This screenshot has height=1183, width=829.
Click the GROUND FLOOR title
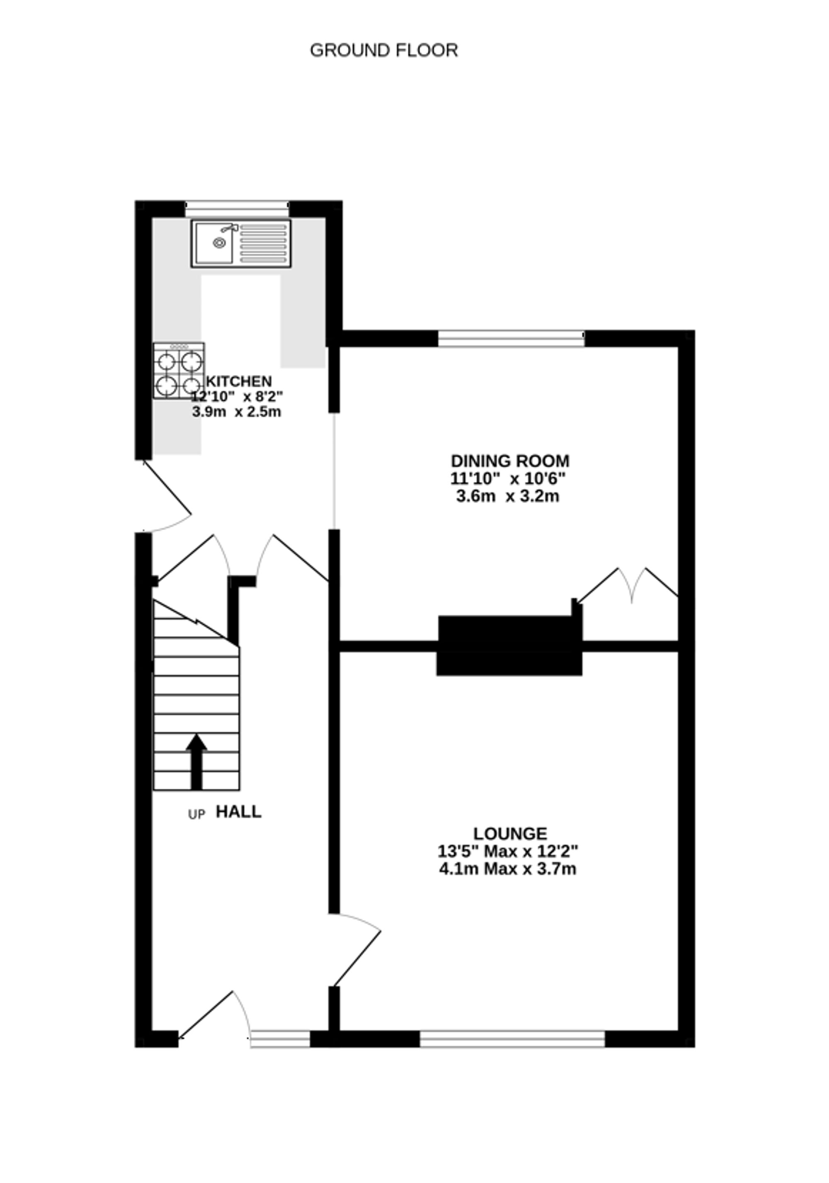pos(383,51)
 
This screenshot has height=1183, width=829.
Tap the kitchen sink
pos(240,243)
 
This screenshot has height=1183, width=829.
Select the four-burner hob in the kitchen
pos(178,371)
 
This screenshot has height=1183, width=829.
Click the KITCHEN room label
pos(239,381)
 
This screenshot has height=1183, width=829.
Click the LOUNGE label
pos(509,833)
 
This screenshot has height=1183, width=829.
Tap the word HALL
pos(238,812)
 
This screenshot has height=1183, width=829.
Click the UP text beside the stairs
pos(196,815)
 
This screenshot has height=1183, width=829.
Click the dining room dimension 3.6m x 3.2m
pos(507,497)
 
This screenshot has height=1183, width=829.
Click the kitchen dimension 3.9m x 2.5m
pos(237,412)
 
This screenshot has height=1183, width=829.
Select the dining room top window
pos(511,339)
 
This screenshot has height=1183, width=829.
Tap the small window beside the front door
pos(280,1039)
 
